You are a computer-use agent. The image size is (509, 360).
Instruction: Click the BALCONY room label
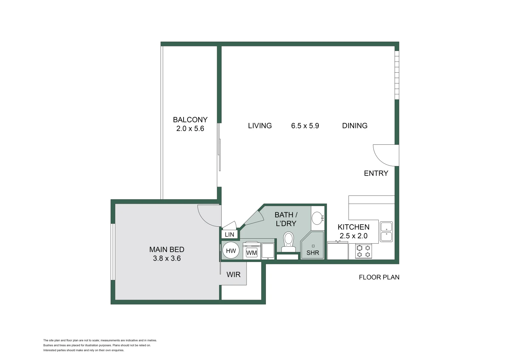tap(190, 120)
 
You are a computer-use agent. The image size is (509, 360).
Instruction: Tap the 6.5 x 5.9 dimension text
tap(305, 126)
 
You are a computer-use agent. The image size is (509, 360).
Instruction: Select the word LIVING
tap(260, 126)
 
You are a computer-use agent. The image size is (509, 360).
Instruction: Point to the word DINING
tap(354, 126)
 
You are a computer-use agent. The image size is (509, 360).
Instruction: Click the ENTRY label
tap(376, 173)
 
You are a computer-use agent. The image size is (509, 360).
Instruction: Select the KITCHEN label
tap(353, 227)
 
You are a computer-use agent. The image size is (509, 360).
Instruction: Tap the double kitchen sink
tap(386, 232)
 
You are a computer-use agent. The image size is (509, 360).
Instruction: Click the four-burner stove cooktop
tap(363, 251)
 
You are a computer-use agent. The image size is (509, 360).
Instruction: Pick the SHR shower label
tap(312, 253)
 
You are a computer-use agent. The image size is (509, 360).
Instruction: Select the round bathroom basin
tap(317, 219)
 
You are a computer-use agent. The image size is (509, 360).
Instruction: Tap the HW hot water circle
tap(231, 251)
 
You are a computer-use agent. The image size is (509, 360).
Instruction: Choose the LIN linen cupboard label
tap(230, 235)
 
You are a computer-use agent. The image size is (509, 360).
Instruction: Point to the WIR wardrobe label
tap(233, 275)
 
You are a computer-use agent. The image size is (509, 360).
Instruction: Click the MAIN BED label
tap(167, 249)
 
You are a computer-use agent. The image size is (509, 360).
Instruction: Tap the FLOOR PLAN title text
tap(379, 277)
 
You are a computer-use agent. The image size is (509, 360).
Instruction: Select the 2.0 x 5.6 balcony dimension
tap(190, 129)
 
